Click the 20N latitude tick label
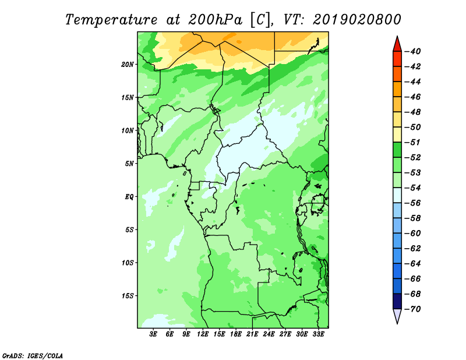[128, 64]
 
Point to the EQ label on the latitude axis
[129, 196]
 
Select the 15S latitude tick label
[128, 296]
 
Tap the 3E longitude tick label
[153, 334]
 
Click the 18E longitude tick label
[236, 334]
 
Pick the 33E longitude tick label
[318, 334]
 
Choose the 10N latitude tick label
[128, 130]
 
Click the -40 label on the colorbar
[412, 51]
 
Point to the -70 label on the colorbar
[412, 309]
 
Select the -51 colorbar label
[412, 142]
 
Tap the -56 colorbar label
[412, 203]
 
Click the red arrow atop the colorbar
[397, 45]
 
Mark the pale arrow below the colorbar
[397, 316]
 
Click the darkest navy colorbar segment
[397, 301]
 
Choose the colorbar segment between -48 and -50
[397, 119]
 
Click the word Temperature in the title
[111, 20]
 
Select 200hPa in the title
[215, 20]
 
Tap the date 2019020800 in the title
[356, 20]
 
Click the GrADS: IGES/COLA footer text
[33, 355]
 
